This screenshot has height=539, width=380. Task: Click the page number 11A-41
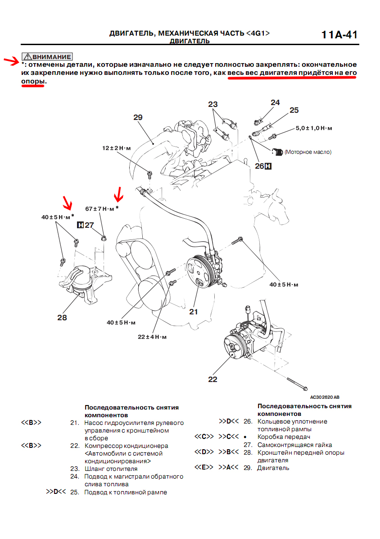coord(339,35)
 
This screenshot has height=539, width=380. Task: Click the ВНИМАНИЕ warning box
coord(47,57)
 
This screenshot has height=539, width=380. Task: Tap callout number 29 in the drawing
coord(138,117)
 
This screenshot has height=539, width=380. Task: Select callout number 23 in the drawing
coord(213,104)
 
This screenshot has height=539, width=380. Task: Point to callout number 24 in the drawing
coord(275,102)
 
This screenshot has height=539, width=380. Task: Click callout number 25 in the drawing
coord(294,110)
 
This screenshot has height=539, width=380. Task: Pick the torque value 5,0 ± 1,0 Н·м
coord(314,128)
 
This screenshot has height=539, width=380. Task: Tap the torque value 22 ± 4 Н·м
coord(152,336)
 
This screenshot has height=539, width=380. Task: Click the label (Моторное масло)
coord(308,152)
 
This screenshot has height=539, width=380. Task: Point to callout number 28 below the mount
coord(62,318)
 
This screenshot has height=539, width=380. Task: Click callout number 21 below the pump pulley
coord(193,311)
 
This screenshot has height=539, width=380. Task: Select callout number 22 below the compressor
coord(213,379)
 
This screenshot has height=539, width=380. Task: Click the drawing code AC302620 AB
coord(325,397)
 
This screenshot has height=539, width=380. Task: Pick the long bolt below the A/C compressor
coord(297,383)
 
